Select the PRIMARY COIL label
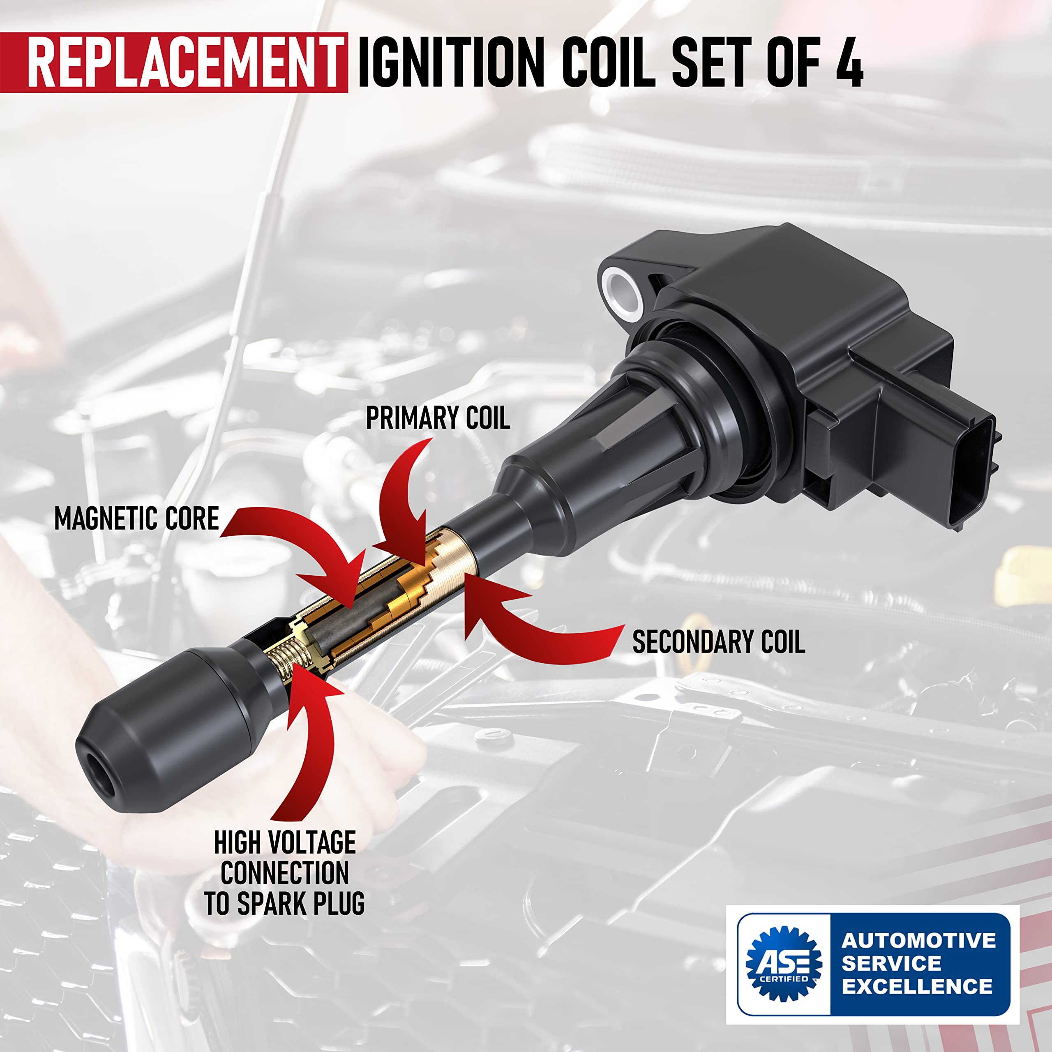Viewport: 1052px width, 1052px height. click(x=438, y=419)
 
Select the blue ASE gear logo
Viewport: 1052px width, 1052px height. click(x=784, y=964)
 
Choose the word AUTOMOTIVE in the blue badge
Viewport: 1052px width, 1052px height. click(x=918, y=940)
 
